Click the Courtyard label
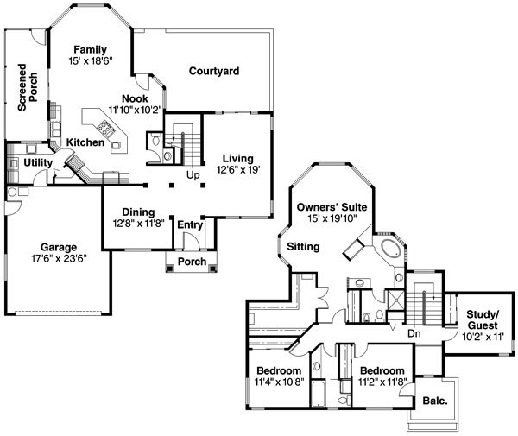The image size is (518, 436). click(214, 71)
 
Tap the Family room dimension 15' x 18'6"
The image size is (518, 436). click(91, 60)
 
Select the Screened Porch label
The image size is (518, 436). click(28, 87)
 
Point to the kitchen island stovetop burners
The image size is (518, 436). click(105, 128)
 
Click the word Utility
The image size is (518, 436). click(38, 162)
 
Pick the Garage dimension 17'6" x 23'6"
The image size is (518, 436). click(59, 258)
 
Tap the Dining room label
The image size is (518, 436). click(138, 212)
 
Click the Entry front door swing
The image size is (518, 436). click(192, 241)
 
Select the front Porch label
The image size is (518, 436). click(192, 262)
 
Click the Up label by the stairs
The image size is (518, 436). click(193, 175)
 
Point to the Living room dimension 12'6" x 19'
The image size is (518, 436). click(238, 170)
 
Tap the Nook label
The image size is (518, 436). click(135, 98)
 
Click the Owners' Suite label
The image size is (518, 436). click(332, 207)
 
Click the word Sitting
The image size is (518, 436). click(303, 247)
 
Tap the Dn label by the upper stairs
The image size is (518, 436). click(414, 333)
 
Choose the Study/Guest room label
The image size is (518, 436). click(483, 319)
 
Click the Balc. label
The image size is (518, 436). click(435, 401)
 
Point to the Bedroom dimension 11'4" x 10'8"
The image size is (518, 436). click(279, 382)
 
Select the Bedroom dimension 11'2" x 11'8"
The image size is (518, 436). click(382, 382)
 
